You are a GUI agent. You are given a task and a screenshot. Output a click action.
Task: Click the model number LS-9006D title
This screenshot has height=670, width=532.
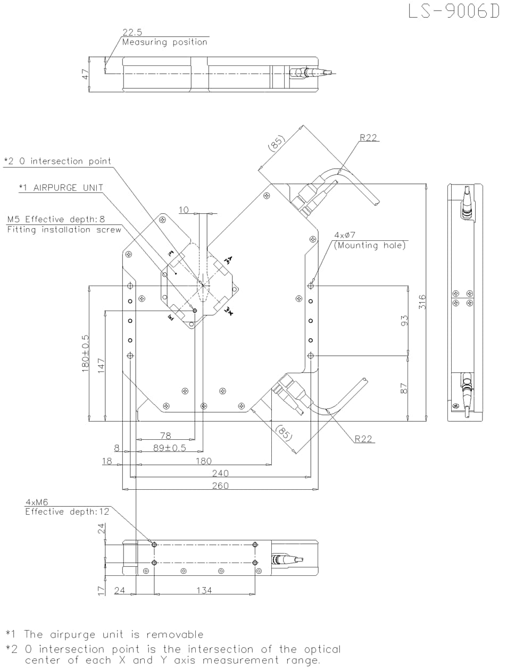pyautogui.click(x=454, y=11)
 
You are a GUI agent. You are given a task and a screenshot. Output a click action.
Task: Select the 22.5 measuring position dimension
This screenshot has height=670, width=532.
pyautogui.click(x=132, y=32)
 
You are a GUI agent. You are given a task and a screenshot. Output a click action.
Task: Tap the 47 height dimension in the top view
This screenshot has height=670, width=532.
pyautogui.click(x=85, y=74)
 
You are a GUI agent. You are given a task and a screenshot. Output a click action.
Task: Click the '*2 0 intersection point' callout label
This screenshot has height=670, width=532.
pyautogui.click(x=57, y=161)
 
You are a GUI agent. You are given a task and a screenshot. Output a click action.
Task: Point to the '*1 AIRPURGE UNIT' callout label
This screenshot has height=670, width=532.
pyautogui.click(x=61, y=188)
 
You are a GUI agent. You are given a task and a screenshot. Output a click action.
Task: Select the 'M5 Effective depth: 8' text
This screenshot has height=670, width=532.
pyautogui.click(x=56, y=219)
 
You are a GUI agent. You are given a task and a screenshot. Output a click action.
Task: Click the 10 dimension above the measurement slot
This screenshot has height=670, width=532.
pyautogui.click(x=184, y=210)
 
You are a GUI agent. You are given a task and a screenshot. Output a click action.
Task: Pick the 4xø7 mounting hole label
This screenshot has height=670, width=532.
pyautogui.click(x=345, y=234)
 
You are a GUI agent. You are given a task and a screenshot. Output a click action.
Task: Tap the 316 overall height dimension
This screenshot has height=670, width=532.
pyautogui.click(x=422, y=302)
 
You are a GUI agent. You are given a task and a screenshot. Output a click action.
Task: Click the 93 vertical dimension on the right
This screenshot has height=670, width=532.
pyautogui.click(x=404, y=321)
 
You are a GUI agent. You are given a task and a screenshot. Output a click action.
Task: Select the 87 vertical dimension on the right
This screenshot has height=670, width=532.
pyautogui.click(x=404, y=389)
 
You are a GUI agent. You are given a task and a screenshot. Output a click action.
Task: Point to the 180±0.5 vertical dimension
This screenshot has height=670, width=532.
pyautogui.click(x=85, y=354)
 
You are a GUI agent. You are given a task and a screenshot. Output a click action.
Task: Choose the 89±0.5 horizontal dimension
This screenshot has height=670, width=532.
pyautogui.click(x=170, y=448)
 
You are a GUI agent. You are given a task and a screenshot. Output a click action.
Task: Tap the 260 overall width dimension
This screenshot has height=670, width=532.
pyautogui.click(x=220, y=485)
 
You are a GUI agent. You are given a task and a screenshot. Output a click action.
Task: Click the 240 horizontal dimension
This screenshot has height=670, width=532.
pyautogui.click(x=220, y=473)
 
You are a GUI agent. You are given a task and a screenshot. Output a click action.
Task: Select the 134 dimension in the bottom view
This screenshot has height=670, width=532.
pyautogui.click(x=204, y=590)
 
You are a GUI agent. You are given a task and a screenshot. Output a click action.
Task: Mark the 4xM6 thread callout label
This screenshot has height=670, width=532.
pyautogui.click(x=37, y=502)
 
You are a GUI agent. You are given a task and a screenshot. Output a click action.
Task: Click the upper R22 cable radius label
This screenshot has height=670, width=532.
pyautogui.click(x=368, y=138)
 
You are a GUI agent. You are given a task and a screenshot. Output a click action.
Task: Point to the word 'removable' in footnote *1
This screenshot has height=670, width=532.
pyautogui.click(x=175, y=634)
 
